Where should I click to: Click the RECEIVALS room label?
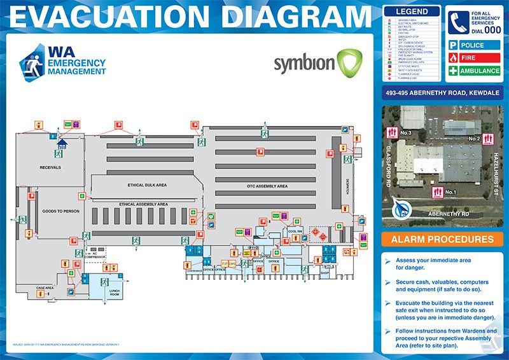coord(50,167)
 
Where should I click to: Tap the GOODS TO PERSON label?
coord(60,211)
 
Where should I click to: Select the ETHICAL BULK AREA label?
coord(147,185)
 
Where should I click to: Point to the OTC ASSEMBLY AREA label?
coord(267,186)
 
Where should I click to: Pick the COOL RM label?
coord(295,232)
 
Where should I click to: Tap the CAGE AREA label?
coord(45,287)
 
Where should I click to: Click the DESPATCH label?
coord(348,185)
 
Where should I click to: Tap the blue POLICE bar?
coord(474,46)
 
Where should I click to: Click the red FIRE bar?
coord(474,58)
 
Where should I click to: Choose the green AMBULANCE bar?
coord(474,71)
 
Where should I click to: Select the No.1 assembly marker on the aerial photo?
coord(444,191)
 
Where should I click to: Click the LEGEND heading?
coord(412,11)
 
